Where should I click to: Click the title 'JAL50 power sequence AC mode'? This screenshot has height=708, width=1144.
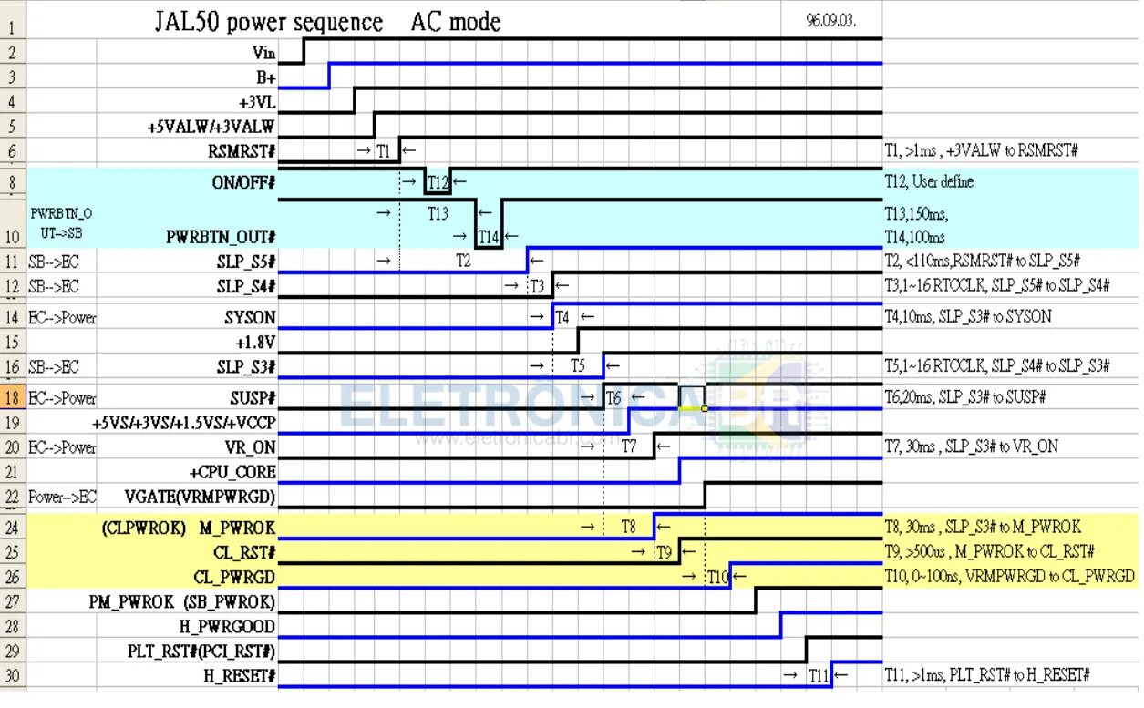(328, 22)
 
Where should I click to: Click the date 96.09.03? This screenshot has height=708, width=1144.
(830, 20)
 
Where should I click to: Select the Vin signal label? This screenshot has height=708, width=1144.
(263, 54)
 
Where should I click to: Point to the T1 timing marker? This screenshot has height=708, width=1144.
(383, 150)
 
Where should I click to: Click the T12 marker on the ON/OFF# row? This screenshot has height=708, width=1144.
(438, 182)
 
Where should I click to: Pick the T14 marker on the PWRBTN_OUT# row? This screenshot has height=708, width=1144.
(489, 238)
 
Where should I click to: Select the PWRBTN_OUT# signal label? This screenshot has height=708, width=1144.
(221, 238)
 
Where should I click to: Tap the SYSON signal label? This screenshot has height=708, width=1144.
(250, 317)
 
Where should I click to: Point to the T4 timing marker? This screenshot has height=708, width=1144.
(563, 317)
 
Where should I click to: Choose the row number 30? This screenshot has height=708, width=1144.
(12, 675)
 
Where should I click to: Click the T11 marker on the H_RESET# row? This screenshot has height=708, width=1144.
(819, 675)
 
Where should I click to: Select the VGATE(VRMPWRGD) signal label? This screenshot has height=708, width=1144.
(201, 497)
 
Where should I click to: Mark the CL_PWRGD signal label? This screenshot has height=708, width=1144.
(234, 576)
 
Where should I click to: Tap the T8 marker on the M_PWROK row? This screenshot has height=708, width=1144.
(628, 527)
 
